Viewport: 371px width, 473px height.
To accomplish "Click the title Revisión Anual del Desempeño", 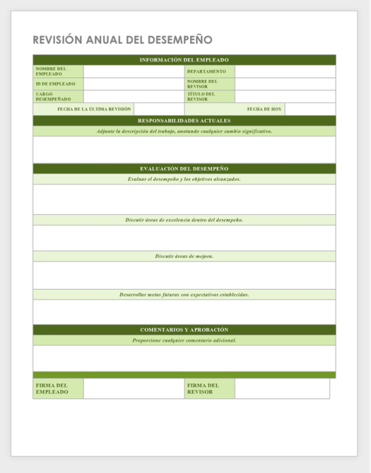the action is [122, 39].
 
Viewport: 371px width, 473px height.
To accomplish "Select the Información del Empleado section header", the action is [184, 60].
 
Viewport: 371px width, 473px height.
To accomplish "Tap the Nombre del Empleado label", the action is [51, 71].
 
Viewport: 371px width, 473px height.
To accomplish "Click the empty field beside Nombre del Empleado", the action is [134, 71].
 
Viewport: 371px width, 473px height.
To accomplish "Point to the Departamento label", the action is [206, 71].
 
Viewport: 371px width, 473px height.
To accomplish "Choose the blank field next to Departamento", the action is [285, 71].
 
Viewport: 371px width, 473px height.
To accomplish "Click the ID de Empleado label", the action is [55, 84].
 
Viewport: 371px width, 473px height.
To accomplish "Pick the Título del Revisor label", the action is [201, 96].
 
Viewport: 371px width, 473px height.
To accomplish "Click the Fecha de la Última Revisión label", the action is [94, 109].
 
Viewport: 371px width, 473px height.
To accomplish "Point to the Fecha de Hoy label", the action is [264, 109].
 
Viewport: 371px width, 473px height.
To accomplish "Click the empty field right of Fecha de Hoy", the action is [310, 109].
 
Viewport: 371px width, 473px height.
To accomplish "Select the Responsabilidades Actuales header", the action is [184, 120].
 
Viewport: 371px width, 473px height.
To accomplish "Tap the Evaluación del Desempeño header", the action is [184, 168].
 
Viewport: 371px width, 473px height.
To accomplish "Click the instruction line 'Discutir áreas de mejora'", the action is [184, 256].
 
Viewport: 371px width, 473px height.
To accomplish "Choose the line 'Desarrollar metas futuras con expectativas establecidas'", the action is [184, 294].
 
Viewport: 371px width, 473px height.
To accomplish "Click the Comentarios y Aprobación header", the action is [184, 329].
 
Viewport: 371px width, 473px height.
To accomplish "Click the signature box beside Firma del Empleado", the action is [134, 388].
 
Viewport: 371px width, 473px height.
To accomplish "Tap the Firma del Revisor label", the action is [203, 388].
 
